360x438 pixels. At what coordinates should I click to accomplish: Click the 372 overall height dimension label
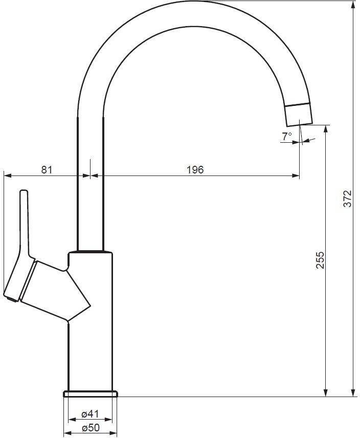coord(348,199)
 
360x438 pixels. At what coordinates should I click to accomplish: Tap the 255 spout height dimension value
coord(320,260)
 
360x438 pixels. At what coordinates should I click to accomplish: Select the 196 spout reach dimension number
coord(195,169)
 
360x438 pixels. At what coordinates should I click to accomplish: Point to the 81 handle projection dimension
coord(47,169)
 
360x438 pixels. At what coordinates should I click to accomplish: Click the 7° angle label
coord(287,136)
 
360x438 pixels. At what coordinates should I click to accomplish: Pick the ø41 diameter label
coord(90,414)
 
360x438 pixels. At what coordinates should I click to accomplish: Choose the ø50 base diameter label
coord(91,427)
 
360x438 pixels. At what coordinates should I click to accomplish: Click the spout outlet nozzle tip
coord(298,115)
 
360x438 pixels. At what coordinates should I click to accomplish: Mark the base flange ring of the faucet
coord(91,394)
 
